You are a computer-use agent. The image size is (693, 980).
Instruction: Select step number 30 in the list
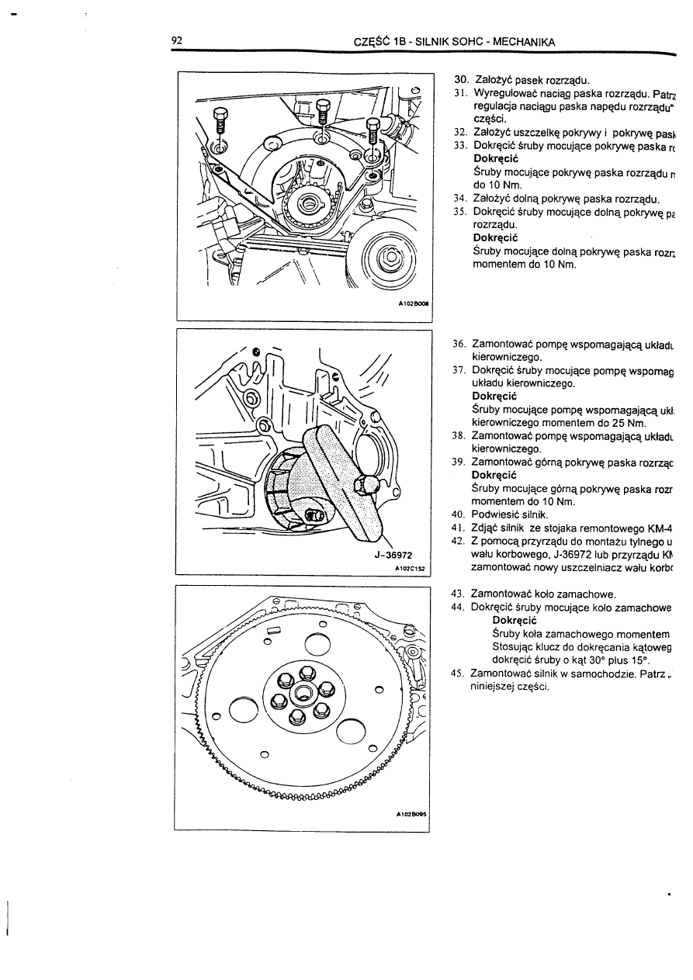pos(459,79)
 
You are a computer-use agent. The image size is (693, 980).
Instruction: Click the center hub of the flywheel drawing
pos(303,693)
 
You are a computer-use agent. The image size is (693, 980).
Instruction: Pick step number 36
pos(458,344)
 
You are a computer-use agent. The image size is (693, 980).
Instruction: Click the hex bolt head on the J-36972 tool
pos(365,486)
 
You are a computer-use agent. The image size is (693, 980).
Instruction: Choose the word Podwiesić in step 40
pos(497,514)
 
